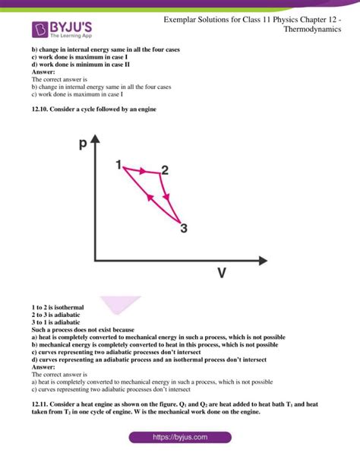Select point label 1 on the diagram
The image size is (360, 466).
pos(118,164)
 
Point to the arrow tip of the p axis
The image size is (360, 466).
pos(95,140)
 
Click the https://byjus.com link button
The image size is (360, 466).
pos(179,438)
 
